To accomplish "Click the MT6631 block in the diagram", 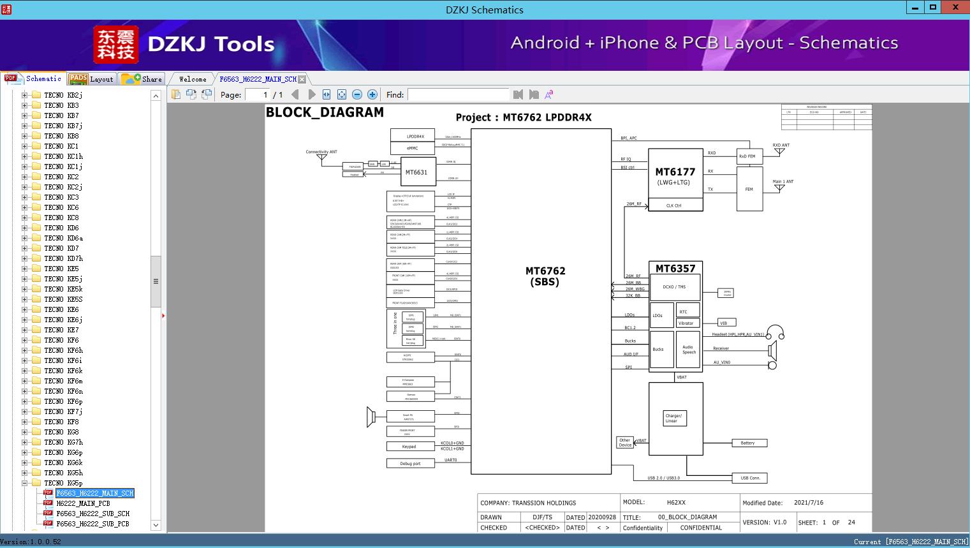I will click(416, 172).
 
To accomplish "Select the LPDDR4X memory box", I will click(412, 136).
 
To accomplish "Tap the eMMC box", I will click(412, 148).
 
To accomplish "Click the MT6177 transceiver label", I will click(675, 172).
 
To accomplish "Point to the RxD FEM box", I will click(747, 156).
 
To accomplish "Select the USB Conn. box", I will click(750, 478).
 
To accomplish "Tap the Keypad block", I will click(409, 447).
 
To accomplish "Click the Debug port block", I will click(410, 463).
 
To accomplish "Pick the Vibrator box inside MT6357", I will click(686, 323).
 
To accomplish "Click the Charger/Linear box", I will click(673, 418).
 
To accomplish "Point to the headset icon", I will click(775, 333).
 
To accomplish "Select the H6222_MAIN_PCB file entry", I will click(83, 503).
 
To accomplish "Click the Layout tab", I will click(92, 79).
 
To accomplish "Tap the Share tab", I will click(143, 79).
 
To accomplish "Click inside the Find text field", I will click(458, 94).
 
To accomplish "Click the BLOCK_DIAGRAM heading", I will click(325, 112).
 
